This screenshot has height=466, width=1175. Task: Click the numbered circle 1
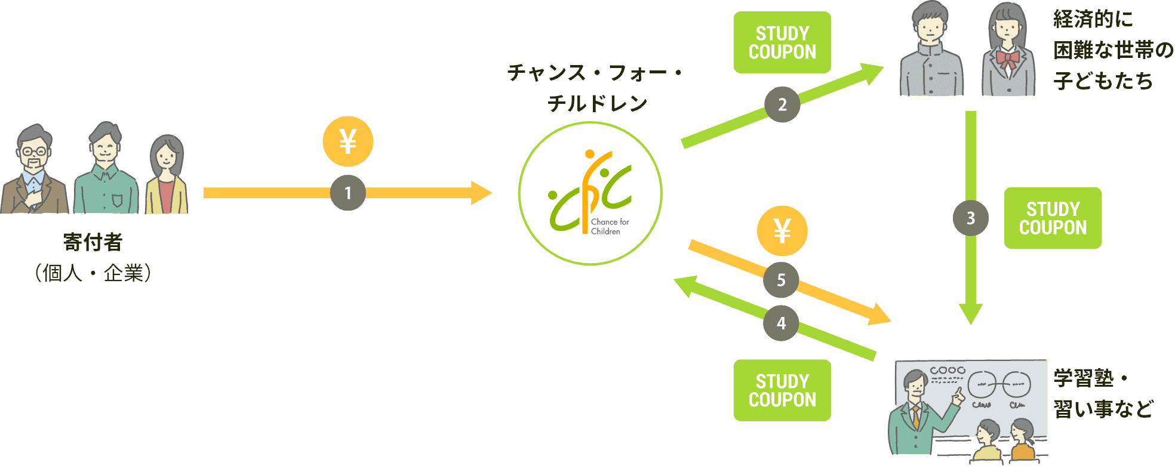(348, 193)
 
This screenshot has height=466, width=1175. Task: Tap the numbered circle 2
(782, 104)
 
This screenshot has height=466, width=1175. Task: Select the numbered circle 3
(971, 218)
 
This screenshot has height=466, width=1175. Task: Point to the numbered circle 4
(781, 323)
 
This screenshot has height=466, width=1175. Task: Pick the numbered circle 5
(781, 280)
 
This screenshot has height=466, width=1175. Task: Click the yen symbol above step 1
(348, 141)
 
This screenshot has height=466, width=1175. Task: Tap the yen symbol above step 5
(782, 231)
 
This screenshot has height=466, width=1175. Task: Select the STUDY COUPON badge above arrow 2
(782, 42)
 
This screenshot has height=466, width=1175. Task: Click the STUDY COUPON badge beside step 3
(1053, 218)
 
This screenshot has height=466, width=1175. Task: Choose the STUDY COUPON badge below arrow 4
(782, 390)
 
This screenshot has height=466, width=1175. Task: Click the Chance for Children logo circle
(590, 193)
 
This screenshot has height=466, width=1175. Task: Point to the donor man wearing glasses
(34, 170)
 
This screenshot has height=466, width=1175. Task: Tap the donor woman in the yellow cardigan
(167, 176)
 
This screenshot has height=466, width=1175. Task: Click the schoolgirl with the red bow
(1008, 51)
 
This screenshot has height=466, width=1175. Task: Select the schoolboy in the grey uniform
(931, 51)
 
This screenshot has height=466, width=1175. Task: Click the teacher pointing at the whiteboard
(916, 415)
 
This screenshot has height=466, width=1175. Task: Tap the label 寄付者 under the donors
(93, 242)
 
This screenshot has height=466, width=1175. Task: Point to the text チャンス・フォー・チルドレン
(596, 88)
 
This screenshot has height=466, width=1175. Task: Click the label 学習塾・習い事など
(1103, 394)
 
